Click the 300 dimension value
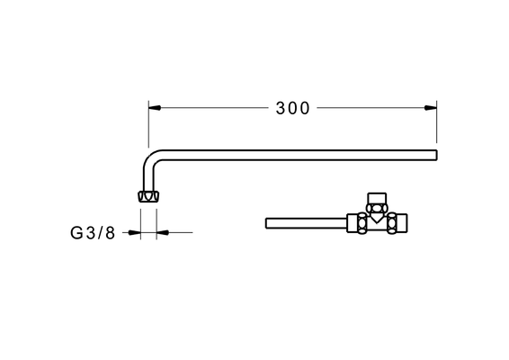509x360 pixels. [x=292, y=108]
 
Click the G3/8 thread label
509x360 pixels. [x=93, y=233]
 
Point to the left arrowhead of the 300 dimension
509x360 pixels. [x=155, y=108]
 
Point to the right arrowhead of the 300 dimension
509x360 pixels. [x=431, y=108]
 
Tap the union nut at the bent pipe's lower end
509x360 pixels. [x=148, y=196]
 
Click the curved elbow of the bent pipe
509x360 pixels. [x=150, y=158]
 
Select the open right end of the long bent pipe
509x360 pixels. [x=436, y=155]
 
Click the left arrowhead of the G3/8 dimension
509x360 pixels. [x=134, y=232]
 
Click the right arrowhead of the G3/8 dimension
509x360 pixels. [x=163, y=232]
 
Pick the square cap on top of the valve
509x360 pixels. [x=377, y=198]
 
